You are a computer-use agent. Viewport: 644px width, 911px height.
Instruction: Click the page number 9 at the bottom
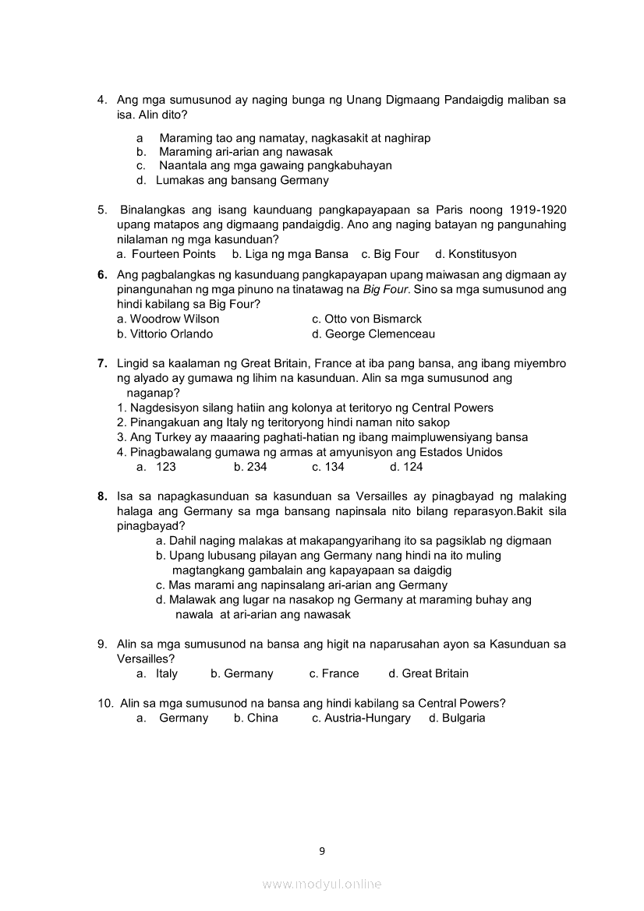coord(322,850)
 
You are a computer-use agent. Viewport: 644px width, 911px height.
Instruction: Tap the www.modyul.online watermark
coord(322,885)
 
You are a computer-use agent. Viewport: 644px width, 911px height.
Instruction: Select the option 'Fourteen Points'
coord(173,254)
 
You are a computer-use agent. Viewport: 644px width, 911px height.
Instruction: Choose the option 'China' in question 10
coord(262,718)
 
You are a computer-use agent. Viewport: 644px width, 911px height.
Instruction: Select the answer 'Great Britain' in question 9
coord(435,673)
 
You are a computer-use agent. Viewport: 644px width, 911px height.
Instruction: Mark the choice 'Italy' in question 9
coord(167,673)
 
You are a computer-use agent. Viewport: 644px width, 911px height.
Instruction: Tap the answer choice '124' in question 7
coord(412,467)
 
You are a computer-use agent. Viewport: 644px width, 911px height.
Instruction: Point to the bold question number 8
coord(102,496)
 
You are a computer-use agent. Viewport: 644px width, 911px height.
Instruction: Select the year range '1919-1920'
coord(537,210)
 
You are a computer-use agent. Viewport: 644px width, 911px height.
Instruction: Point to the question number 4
coord(101,100)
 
